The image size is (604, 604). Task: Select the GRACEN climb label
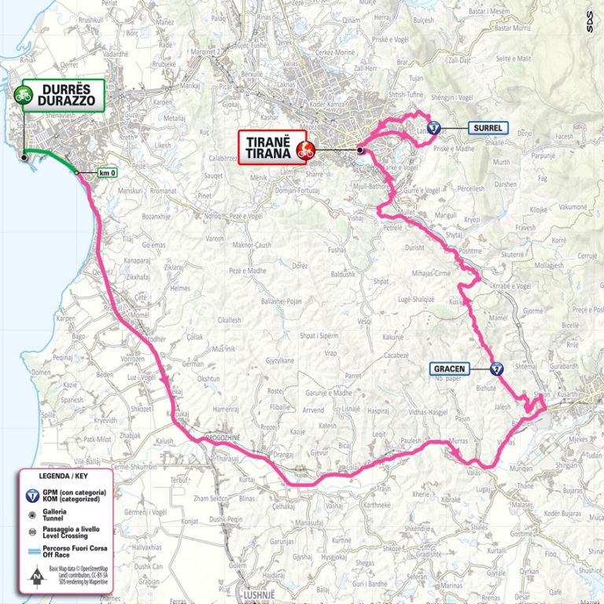pyautogui.click(x=450, y=368)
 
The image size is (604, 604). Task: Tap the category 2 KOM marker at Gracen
pyautogui.click(x=495, y=368)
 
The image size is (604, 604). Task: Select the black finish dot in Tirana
pyautogui.click(x=359, y=149)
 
